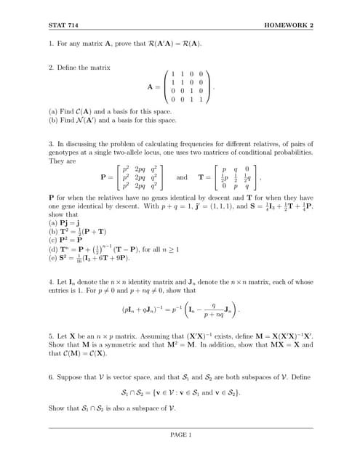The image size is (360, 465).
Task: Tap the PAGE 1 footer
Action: point(180,435)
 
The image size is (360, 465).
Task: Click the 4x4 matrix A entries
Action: point(186,87)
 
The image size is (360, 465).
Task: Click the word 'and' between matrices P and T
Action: point(182,177)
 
